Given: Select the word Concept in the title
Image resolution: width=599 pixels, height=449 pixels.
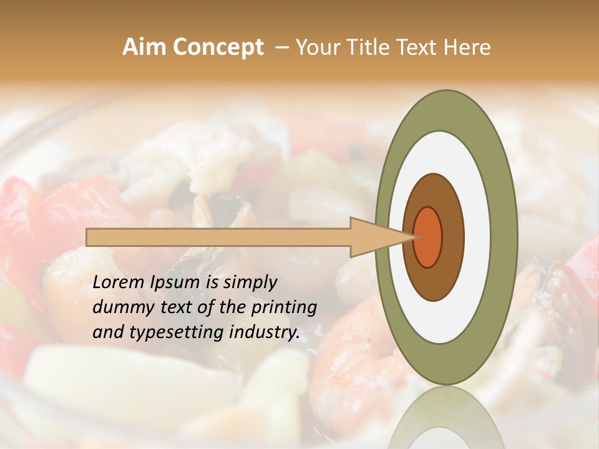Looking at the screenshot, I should click(218, 47).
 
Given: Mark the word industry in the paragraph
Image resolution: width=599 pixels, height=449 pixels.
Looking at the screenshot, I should click(265, 332).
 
